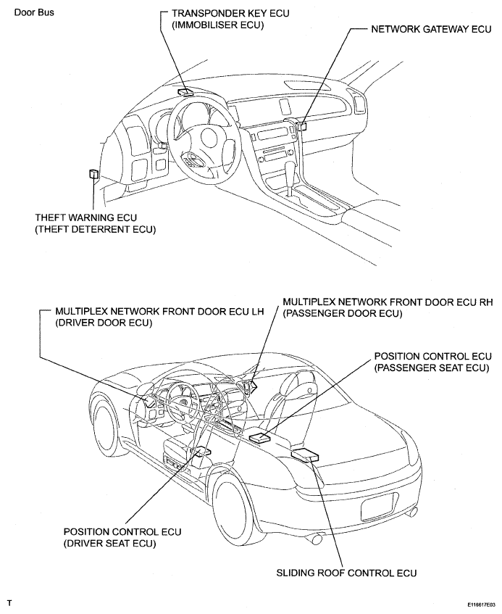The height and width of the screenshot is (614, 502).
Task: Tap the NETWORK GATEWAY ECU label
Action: coord(431,31)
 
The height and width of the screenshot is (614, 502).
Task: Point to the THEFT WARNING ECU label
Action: coord(85,217)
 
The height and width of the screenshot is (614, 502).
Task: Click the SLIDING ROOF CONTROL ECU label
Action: coord(346,573)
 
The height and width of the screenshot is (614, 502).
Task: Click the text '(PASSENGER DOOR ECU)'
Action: coord(343,312)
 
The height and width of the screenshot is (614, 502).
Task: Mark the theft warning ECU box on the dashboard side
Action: coord(93,173)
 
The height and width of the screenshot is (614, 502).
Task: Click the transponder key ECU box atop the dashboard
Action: coord(185,92)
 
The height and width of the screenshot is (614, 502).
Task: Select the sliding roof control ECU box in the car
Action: coord(304,455)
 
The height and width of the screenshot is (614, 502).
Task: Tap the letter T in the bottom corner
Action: coord(9,602)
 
